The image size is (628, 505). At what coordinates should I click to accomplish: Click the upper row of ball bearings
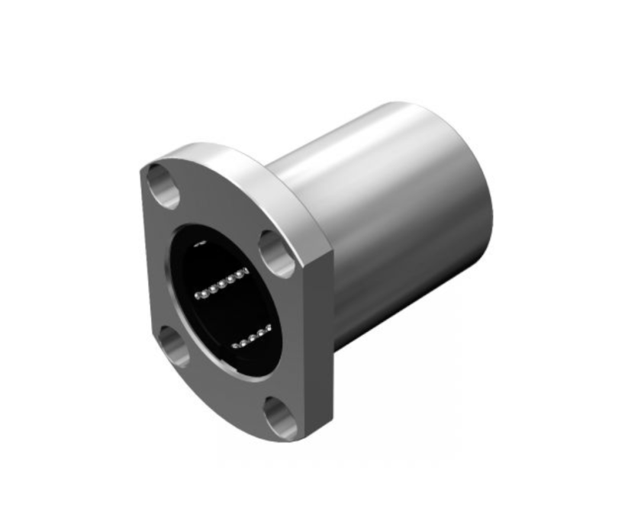coord(221,282)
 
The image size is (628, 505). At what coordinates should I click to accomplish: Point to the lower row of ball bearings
coord(252,336)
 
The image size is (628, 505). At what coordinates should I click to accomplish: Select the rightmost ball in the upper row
coord(246,272)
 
